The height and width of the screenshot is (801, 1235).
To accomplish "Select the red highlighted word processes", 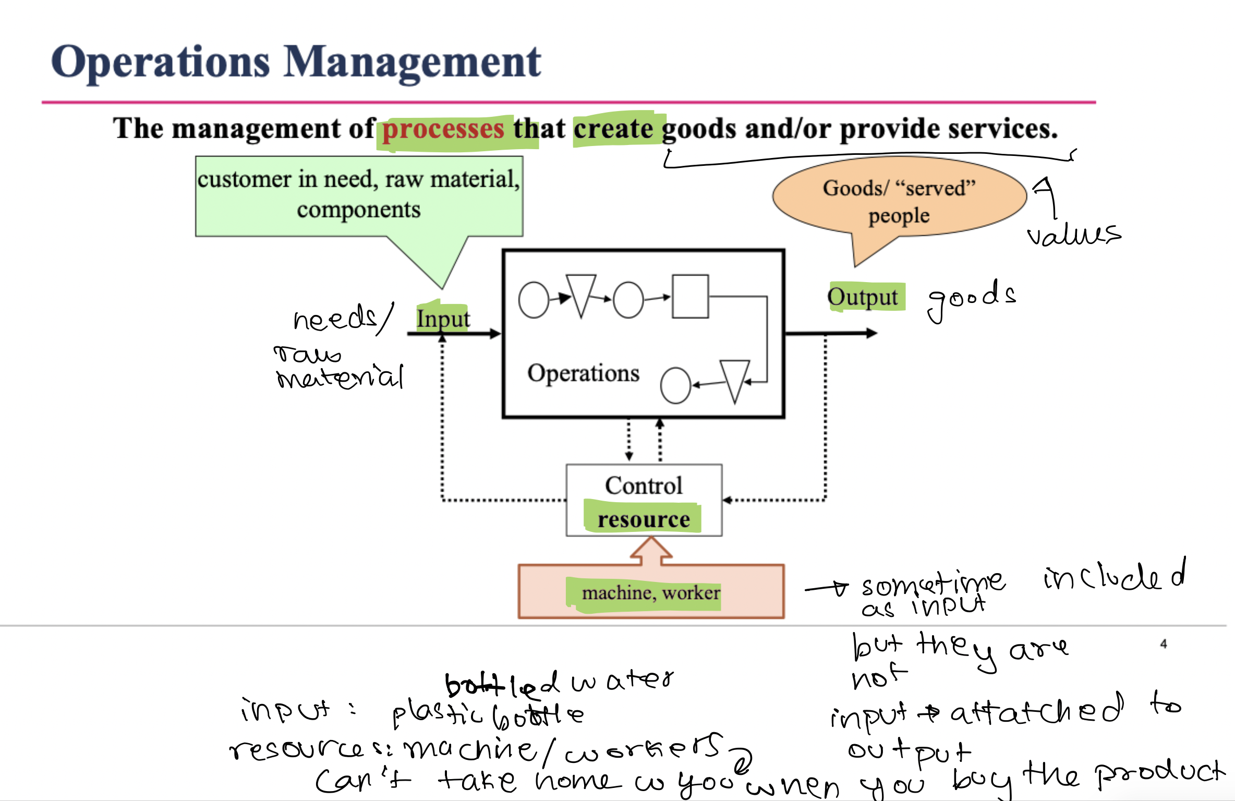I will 443,129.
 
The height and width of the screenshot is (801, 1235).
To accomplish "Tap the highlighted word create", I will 613,129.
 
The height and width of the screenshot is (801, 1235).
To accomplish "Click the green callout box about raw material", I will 359,195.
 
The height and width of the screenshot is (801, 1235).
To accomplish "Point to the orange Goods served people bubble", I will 899,201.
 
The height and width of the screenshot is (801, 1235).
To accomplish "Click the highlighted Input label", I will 443,319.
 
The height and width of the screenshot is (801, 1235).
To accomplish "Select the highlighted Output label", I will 863,297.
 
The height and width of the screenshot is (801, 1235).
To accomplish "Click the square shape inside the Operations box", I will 690,296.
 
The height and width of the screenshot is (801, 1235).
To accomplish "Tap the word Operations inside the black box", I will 583,373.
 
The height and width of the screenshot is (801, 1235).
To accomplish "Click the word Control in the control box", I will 644,486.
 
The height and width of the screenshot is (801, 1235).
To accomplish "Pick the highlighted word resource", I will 644,519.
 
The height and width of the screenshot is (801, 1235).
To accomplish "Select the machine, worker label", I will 650,593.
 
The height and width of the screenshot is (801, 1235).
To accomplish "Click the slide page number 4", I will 1164,644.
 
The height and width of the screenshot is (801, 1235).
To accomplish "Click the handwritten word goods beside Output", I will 972,299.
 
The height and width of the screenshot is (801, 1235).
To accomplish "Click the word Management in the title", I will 413,63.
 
